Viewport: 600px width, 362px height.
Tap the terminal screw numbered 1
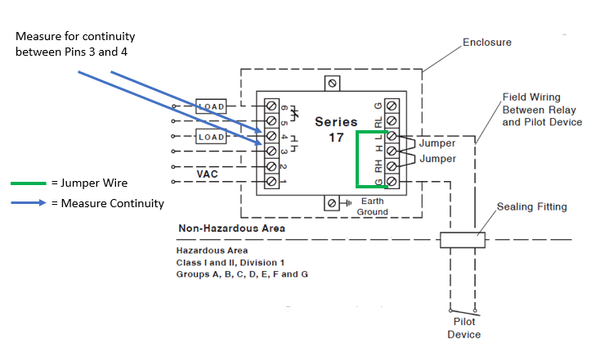[x=272, y=181]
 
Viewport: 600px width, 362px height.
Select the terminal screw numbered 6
[x=272, y=106]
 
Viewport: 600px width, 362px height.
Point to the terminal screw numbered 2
[x=272, y=166]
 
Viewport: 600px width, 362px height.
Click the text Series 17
[x=335, y=129]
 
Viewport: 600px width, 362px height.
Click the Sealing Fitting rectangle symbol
[x=463, y=239]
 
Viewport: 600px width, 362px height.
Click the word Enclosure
[x=486, y=42]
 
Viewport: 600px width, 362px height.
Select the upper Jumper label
[x=437, y=143]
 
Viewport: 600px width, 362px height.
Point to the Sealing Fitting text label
[x=531, y=206]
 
